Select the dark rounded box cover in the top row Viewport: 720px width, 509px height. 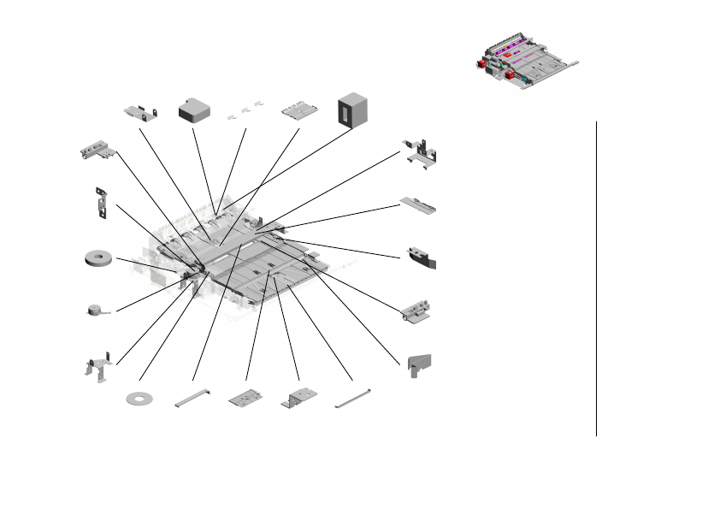point(194,109)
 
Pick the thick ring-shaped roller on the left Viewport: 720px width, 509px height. point(101,258)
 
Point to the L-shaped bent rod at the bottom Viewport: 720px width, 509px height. point(192,397)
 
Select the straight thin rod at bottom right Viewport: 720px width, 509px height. point(352,397)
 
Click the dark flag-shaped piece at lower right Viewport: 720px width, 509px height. point(419,365)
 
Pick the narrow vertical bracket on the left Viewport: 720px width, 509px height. point(101,203)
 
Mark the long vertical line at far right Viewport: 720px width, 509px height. point(596,278)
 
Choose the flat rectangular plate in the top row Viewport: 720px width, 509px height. point(300,110)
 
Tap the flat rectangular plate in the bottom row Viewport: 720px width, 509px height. point(246,398)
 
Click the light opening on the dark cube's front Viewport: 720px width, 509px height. point(345,109)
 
